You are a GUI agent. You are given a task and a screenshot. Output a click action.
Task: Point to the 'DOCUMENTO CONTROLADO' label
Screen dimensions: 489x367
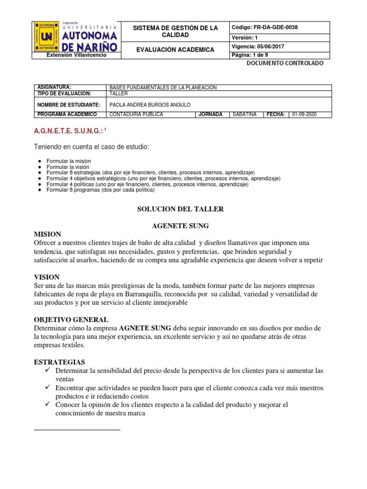tap(285, 64)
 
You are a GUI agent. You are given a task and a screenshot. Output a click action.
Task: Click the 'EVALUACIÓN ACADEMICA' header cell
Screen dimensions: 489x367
tap(175, 50)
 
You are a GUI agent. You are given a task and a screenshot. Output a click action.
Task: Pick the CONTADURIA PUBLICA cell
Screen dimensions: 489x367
tap(136, 115)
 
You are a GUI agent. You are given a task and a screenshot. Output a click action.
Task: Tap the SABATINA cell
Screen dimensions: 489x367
tap(244, 115)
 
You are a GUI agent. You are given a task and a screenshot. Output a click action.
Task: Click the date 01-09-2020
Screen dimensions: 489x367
tap(304, 115)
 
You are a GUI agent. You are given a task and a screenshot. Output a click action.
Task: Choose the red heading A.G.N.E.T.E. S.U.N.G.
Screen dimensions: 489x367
tap(67, 130)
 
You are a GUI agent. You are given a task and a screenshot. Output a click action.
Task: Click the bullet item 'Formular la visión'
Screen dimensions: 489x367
tap(68, 167)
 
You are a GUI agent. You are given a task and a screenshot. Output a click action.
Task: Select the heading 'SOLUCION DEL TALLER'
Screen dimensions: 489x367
tap(180, 209)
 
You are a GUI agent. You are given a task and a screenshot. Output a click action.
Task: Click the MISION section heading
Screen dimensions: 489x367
tap(47, 234)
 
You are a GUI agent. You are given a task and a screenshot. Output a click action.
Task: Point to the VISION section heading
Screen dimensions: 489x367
tap(47, 277)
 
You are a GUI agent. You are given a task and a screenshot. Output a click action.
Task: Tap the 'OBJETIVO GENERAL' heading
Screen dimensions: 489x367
tap(71, 319)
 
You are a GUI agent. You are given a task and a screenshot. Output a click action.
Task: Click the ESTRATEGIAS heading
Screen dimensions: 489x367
tap(60, 362)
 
